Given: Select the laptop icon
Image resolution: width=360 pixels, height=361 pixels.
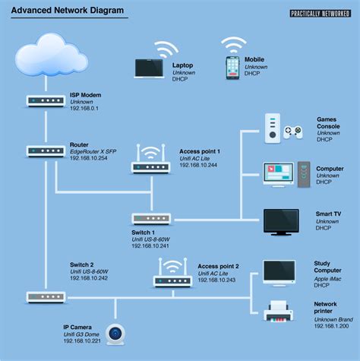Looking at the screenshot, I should [150, 68].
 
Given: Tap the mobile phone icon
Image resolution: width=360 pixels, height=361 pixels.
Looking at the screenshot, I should [233, 66].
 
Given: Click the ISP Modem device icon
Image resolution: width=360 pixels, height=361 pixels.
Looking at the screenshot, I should [44, 100].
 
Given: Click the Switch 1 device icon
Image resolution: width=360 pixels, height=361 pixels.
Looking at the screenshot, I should [150, 218].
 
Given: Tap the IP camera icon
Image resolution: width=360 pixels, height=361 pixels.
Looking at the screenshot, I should [115, 334].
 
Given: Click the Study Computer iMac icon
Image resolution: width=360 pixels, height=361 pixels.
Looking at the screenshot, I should [284, 273].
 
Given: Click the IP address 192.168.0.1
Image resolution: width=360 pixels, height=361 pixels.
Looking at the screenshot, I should [86, 109].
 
